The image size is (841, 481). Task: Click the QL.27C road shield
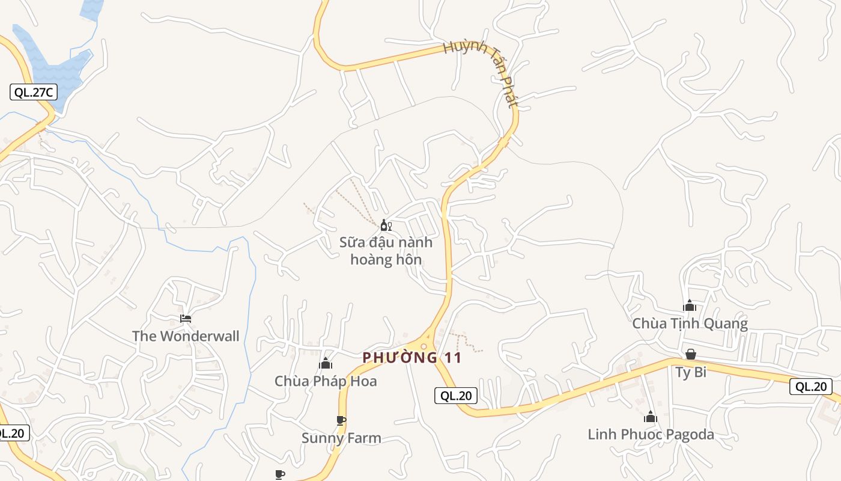[33, 92]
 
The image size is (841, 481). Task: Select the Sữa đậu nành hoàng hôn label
[386, 251]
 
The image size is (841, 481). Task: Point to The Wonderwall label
[186, 336]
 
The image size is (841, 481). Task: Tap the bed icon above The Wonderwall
[186, 318]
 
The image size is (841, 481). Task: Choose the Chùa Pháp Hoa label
[326, 381]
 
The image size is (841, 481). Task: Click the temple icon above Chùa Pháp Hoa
[326, 363]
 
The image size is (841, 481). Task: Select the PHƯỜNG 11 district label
[412, 358]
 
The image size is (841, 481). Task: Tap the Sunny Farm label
[341, 438]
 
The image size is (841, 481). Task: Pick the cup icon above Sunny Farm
[341, 420]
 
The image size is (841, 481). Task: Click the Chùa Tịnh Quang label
[690, 323]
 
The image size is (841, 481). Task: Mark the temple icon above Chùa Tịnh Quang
[690, 305]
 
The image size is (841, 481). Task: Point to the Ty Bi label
[691, 372]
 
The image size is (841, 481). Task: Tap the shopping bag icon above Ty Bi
[691, 354]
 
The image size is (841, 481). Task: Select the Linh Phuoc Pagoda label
[651, 434]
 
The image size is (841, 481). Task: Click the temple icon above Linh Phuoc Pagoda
[651, 417]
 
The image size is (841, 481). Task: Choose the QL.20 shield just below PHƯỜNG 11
[456, 395]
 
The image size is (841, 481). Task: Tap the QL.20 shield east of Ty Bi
[811, 387]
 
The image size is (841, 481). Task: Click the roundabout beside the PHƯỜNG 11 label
[424, 346]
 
